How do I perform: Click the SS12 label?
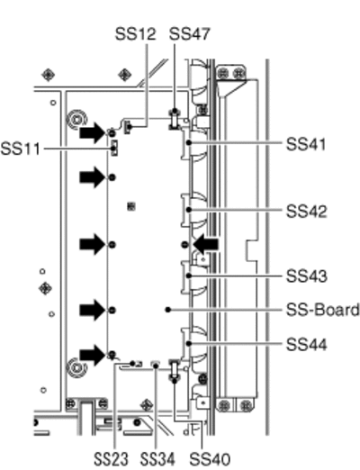click(136, 34)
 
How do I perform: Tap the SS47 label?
click(189, 34)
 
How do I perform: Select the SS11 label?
click(20, 149)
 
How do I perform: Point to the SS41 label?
click(306, 144)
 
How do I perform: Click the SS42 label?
click(306, 212)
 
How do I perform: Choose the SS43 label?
click(306, 276)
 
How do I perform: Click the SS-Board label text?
click(323, 310)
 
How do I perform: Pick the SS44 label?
click(306, 345)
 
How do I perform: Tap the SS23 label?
click(111, 459)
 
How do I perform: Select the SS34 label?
click(157, 459)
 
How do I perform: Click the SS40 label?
click(210, 459)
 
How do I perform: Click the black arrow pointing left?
click(206, 245)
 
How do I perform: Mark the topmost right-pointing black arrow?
click(92, 132)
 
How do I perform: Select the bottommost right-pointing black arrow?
click(92, 355)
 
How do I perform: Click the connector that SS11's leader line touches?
click(113, 148)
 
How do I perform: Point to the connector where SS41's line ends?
click(186, 142)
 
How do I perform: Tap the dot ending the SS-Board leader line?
click(168, 310)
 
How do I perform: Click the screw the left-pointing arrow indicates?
click(184, 245)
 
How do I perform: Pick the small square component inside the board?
click(131, 206)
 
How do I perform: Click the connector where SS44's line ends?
click(186, 344)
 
